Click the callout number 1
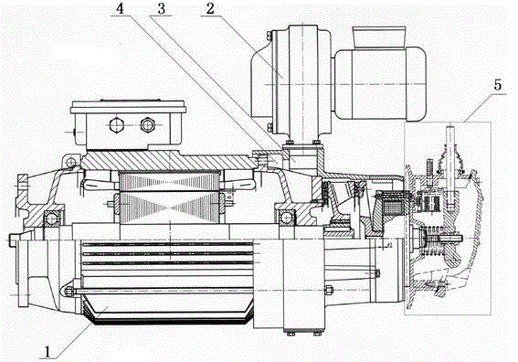tap(48, 351)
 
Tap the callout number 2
tap(210, 8)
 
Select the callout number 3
tap(161, 9)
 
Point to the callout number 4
tap(120, 9)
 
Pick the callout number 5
tap(497, 85)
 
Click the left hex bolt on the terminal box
tap(116, 125)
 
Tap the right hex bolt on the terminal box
tap(147, 124)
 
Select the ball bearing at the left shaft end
tap(51, 218)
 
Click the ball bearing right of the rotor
tap(285, 218)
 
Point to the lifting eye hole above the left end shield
tap(70, 162)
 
